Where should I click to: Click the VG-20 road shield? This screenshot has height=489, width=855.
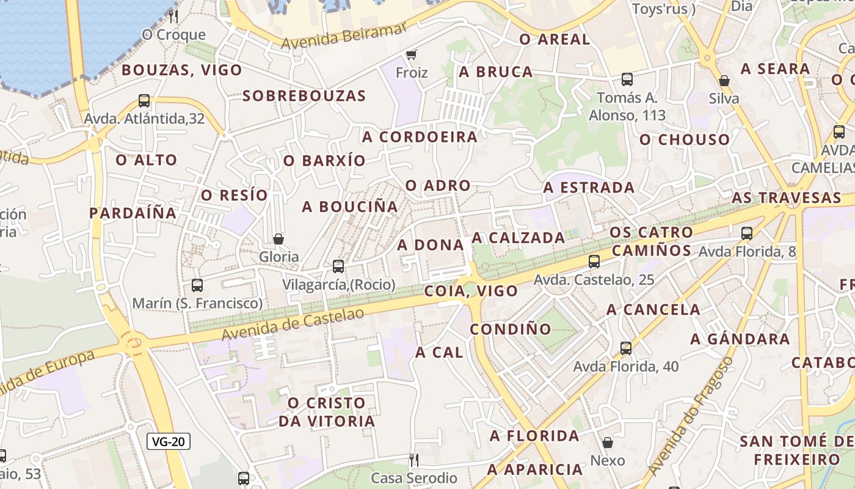tap(169, 441)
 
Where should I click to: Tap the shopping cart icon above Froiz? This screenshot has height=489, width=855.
tap(412, 54)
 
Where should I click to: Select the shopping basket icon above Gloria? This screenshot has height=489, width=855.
tap(278, 238)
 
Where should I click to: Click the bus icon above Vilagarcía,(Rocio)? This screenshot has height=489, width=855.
tap(338, 267)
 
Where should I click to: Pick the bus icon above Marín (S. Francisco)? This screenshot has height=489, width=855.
tap(197, 285)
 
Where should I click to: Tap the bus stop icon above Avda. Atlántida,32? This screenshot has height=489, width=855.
tap(144, 101)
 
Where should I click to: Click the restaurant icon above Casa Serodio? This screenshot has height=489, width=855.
tap(414, 460)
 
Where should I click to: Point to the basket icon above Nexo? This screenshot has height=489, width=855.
tap(608, 443)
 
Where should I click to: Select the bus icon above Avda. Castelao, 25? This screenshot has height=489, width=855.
tap(594, 262)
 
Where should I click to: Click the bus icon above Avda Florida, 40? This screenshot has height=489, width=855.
tap(626, 348)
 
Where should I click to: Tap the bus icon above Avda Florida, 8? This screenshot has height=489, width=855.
tap(747, 233)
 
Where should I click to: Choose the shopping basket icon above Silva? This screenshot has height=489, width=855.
tap(724, 81)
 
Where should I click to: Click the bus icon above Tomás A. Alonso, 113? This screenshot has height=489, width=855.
tap(627, 79)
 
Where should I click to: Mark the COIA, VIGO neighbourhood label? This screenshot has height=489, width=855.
tap(471, 291)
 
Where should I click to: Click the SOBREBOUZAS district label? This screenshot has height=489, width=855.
tap(304, 96)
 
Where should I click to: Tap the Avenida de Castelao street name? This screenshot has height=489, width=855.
tap(293, 324)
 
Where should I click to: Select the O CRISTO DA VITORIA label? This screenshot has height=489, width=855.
tap(327, 412)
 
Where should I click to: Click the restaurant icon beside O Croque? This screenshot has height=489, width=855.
tap(174, 16)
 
